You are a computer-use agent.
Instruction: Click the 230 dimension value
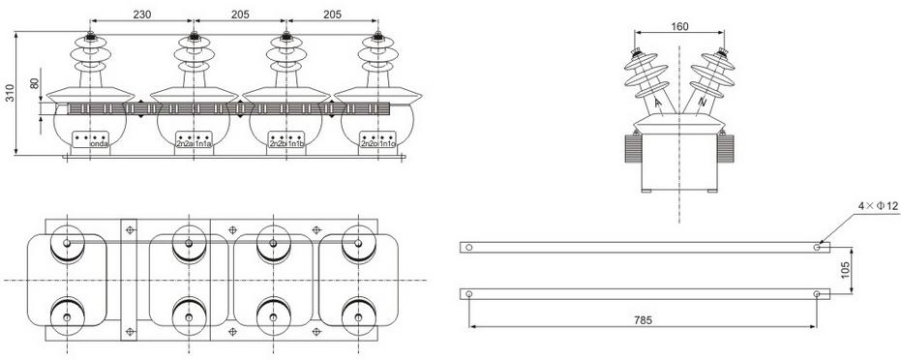(141, 15)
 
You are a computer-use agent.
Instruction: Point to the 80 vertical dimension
(36, 84)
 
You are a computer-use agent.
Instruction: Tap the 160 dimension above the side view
(679, 26)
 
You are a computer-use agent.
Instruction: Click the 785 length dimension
(643, 319)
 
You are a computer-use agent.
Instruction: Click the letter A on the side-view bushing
(657, 102)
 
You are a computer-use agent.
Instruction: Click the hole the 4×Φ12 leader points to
(819, 247)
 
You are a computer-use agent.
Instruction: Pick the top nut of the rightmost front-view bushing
(377, 40)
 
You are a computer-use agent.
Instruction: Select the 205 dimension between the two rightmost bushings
(332, 15)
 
